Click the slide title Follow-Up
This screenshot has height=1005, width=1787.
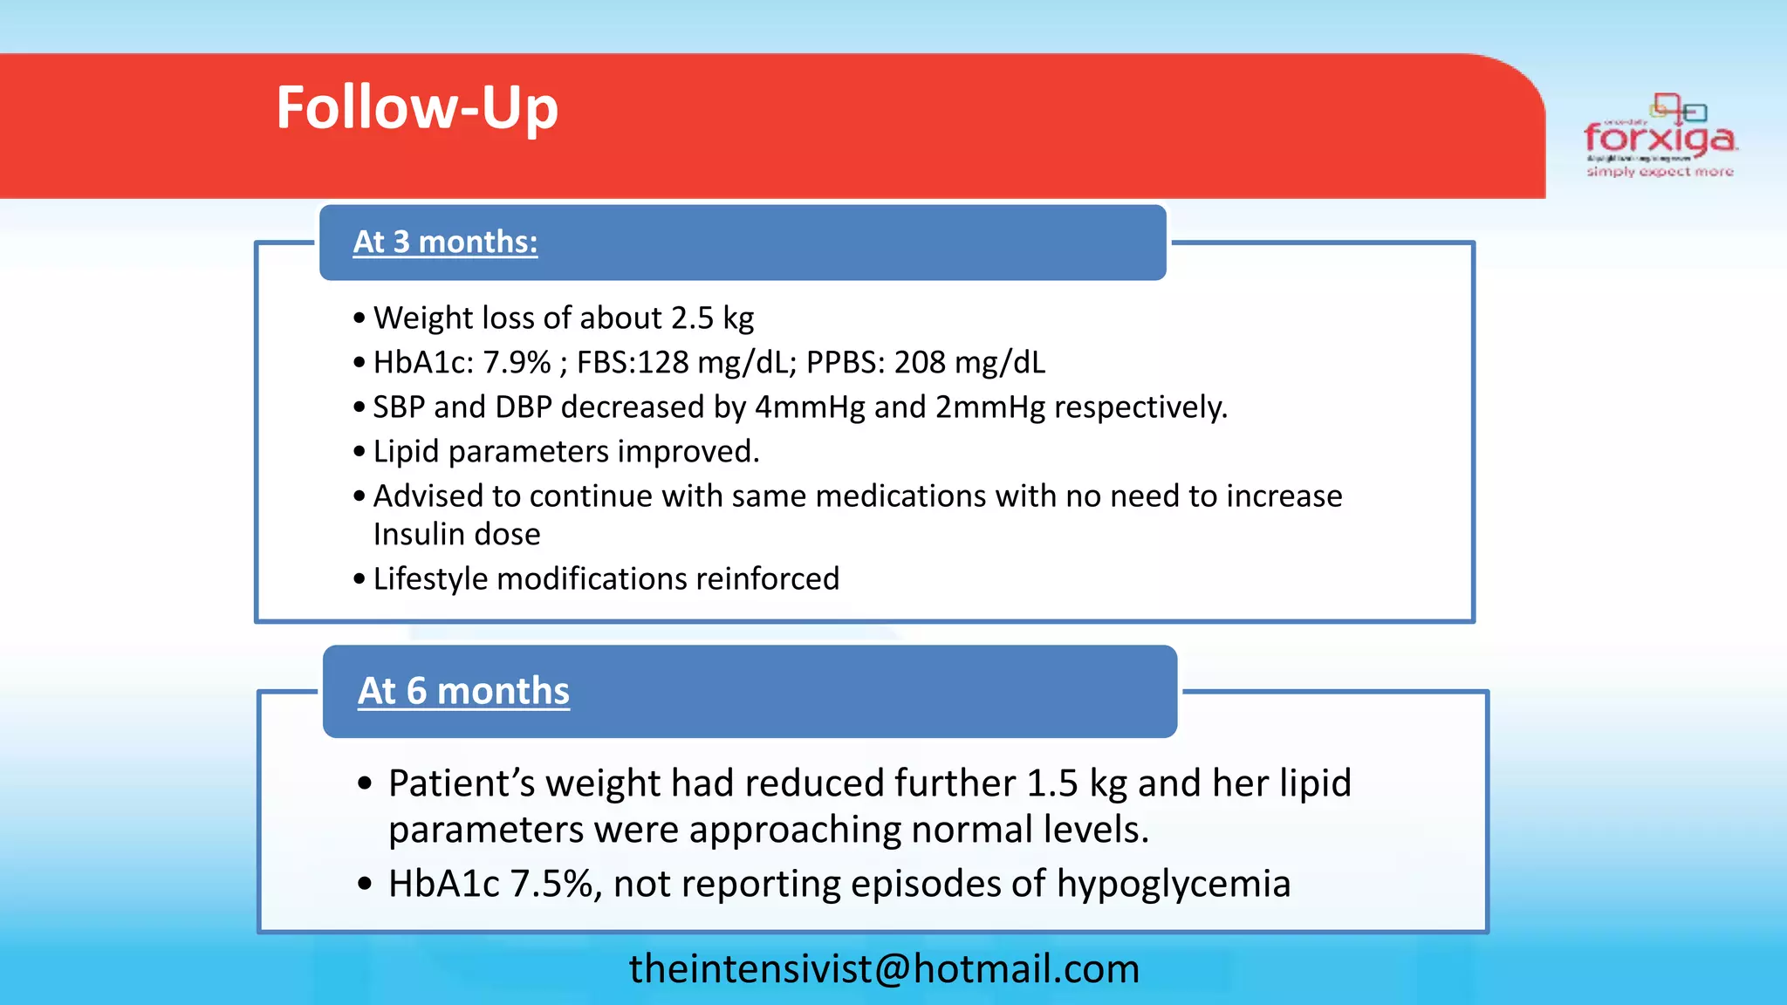pos(417,108)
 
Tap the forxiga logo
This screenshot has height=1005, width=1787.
pos(1660,138)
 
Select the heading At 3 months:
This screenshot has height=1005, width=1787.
pos(445,242)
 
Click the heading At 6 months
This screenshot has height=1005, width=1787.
pos(463,691)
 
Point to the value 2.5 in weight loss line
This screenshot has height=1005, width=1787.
pos(692,318)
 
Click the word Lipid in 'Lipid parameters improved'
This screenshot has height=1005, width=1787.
pos(406,452)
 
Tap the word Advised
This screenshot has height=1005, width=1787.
pos(428,496)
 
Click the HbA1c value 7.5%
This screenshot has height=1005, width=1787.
pos(555,884)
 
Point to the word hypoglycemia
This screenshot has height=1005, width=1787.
pos(1173,885)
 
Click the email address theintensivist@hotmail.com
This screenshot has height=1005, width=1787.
pos(884,969)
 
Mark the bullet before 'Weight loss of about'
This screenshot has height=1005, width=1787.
pos(359,319)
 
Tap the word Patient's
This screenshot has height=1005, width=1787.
pos(462,783)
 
